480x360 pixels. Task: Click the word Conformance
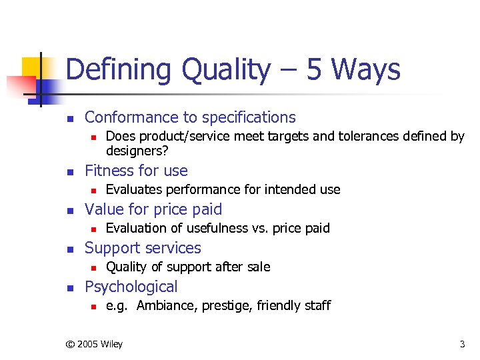click(130, 117)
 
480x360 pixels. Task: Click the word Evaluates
click(135, 190)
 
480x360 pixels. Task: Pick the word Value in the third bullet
click(105, 209)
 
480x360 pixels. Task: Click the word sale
click(257, 267)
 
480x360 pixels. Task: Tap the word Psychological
click(131, 287)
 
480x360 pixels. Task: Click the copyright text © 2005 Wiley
click(93, 344)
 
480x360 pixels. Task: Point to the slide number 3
click(462, 344)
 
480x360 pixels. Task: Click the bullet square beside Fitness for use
click(69, 171)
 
